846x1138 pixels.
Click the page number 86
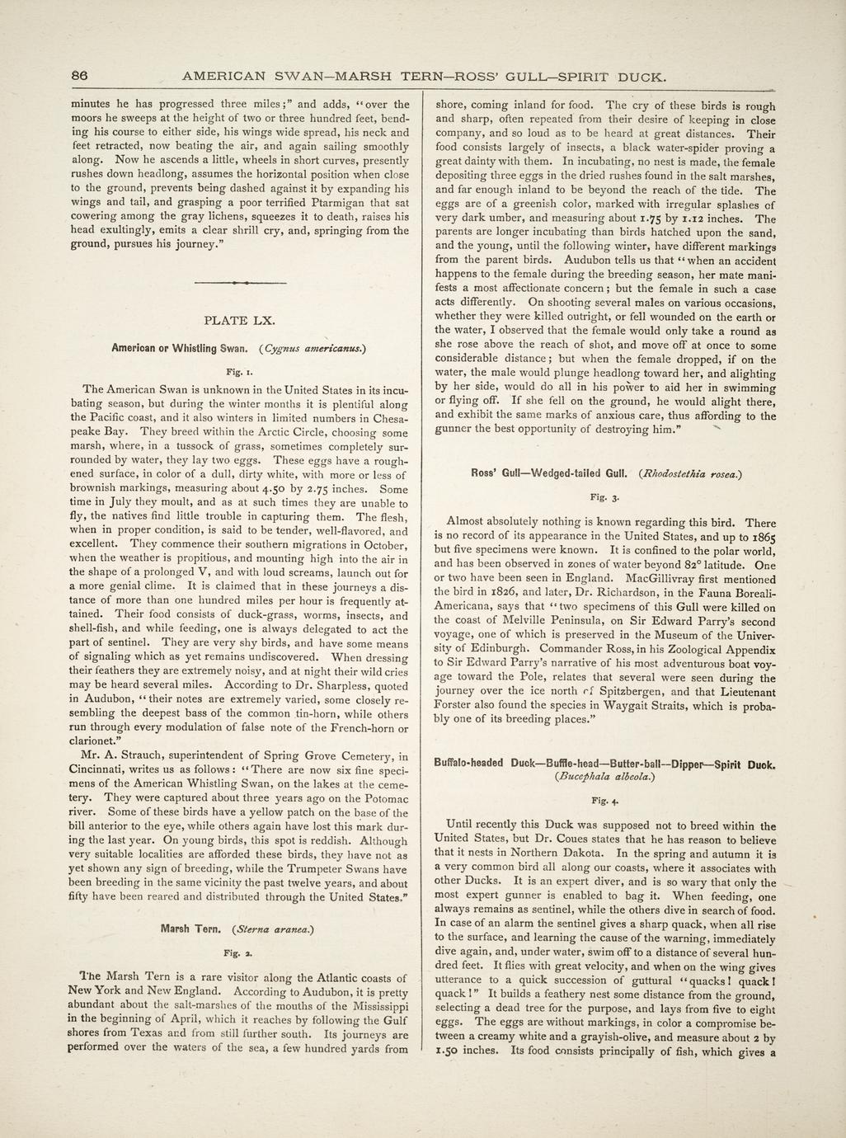coord(79,76)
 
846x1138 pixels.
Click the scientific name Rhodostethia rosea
coord(691,473)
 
